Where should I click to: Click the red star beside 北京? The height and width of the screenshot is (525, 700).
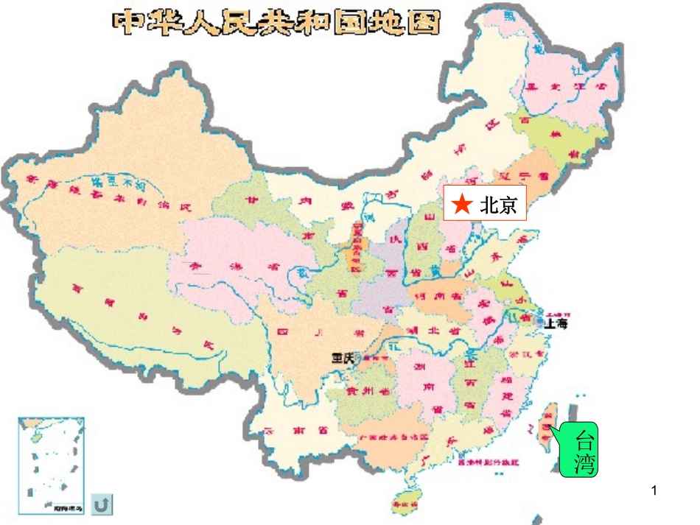[x=462, y=205]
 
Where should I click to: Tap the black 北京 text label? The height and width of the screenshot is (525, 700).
[x=500, y=205]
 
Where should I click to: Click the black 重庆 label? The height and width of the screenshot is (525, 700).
[x=343, y=358]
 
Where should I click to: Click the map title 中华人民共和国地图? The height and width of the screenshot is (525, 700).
[x=276, y=24]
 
